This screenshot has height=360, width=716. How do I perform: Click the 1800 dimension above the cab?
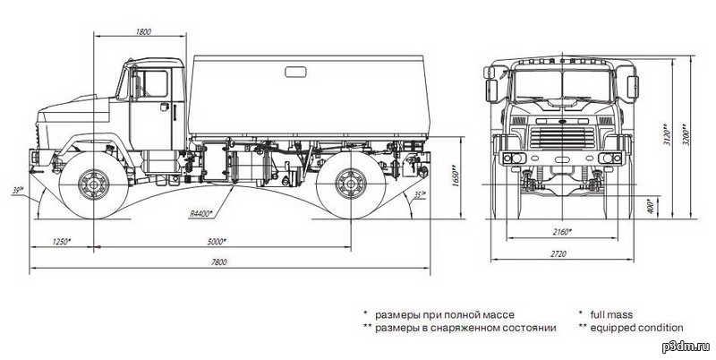(x=143, y=32)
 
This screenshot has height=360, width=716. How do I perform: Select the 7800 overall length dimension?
(x=218, y=262)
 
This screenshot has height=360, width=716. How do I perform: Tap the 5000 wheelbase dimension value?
(x=217, y=242)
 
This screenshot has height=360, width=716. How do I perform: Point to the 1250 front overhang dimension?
(x=62, y=241)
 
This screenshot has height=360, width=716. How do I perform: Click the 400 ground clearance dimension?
(x=651, y=207)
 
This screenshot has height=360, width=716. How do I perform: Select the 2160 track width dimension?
(x=562, y=232)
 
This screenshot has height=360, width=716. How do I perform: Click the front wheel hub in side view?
(x=94, y=184)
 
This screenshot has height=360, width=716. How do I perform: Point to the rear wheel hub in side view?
(x=351, y=184)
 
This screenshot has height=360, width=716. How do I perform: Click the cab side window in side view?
(x=152, y=83)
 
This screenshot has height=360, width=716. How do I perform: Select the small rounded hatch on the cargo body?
(x=295, y=72)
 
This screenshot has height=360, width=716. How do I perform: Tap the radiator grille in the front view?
(x=562, y=138)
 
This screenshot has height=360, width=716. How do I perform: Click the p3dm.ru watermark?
(x=686, y=347)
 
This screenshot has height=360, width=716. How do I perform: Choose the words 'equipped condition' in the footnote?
(x=636, y=328)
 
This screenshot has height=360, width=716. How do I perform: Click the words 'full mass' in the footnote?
(x=611, y=314)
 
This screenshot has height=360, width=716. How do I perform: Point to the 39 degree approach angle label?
(x=17, y=189)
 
